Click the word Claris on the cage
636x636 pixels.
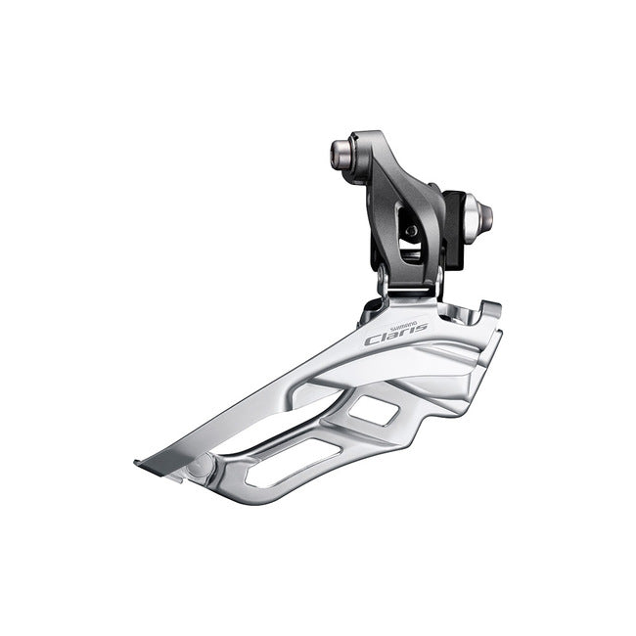(x=395, y=336)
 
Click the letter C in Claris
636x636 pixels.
(x=373, y=341)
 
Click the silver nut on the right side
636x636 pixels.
(x=478, y=212)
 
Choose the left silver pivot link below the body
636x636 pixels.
(x=385, y=285)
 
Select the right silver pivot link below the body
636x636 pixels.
(x=436, y=283)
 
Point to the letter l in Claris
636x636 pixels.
(x=385, y=337)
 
